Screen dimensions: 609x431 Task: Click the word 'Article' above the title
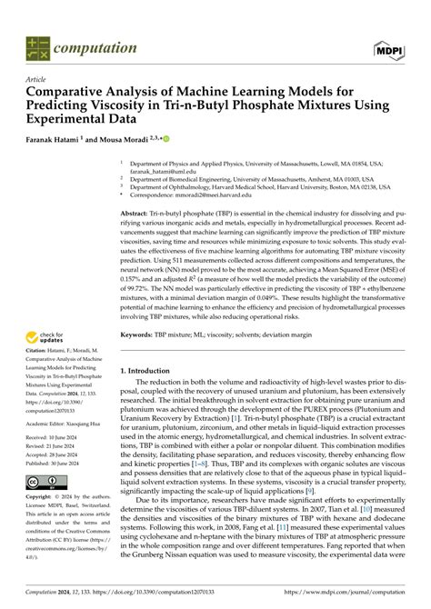pos(36,79)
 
